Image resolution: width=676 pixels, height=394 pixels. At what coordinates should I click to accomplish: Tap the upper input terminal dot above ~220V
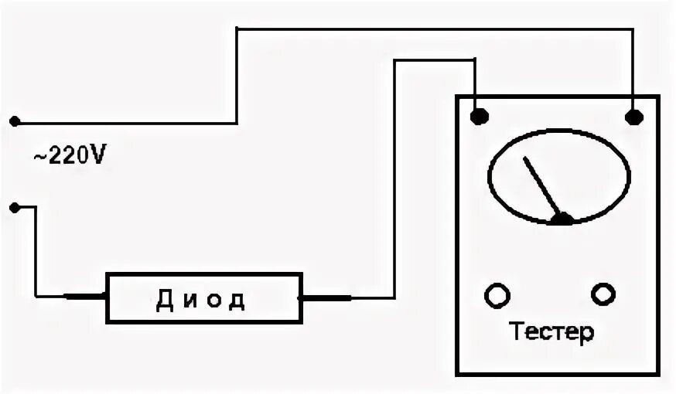coord(14,121)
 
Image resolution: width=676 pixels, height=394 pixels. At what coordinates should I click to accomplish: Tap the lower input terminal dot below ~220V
coord(14,207)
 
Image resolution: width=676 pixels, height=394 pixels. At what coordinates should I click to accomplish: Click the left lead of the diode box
coord(84,297)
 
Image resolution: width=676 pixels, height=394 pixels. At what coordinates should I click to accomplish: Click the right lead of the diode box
coord(325,297)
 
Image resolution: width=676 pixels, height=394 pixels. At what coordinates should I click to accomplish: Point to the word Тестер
coord(552,333)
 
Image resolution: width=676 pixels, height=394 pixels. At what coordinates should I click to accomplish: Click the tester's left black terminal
coord(480,117)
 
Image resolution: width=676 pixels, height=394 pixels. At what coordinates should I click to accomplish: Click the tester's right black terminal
coord(633,117)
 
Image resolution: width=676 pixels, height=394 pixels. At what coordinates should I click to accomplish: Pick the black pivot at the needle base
coord(563,219)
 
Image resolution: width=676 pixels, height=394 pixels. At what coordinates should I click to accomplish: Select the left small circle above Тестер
coord(497,294)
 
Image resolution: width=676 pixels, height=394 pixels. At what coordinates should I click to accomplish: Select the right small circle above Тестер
coord(603,294)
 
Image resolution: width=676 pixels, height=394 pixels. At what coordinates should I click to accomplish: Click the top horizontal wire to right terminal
coord(433,29)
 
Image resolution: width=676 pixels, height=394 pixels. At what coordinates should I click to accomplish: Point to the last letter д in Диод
coord(237,300)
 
